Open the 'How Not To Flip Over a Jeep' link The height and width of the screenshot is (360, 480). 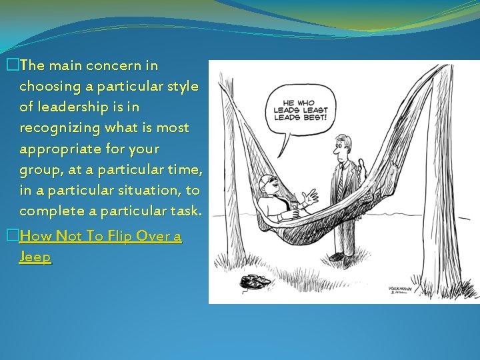click(x=100, y=236)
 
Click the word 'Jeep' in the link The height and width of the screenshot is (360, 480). click(x=35, y=257)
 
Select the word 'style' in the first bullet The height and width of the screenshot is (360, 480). click(x=181, y=86)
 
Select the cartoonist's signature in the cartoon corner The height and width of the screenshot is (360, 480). click(x=401, y=291)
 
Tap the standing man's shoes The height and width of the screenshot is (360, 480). click(x=340, y=257)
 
